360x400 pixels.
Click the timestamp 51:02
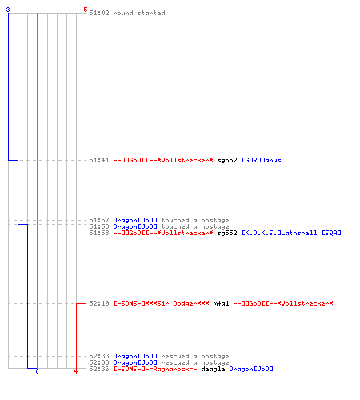(x=99, y=13)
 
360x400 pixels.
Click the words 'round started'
(x=139, y=13)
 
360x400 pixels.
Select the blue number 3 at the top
(x=8, y=10)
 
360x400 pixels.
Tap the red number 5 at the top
(x=86, y=10)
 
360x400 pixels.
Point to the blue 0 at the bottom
(x=37, y=371)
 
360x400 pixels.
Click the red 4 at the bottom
(x=76, y=371)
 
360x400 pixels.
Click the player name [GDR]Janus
(x=262, y=160)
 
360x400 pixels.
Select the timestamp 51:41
(x=99, y=160)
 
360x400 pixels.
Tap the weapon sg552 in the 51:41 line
(x=227, y=160)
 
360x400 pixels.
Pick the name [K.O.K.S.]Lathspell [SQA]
(x=291, y=233)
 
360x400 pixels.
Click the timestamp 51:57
(x=99, y=220)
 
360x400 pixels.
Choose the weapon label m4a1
(x=221, y=303)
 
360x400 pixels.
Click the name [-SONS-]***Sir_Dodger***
(x=162, y=303)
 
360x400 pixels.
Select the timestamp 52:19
(x=99, y=303)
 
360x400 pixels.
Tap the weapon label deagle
(x=213, y=369)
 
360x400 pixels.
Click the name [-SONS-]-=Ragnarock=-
(x=155, y=369)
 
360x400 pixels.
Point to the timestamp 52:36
(x=99, y=369)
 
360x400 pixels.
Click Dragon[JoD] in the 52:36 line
(x=251, y=369)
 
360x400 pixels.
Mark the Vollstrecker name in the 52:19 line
(x=283, y=303)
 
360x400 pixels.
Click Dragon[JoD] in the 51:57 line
(x=135, y=220)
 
